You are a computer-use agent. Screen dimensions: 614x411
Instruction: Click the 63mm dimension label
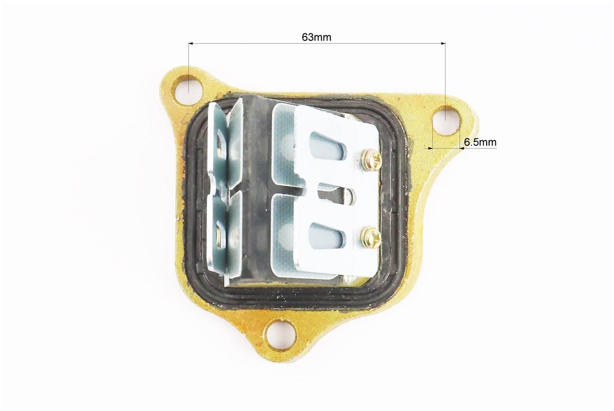click(x=317, y=37)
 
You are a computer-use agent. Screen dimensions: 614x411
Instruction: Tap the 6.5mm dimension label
click(x=480, y=142)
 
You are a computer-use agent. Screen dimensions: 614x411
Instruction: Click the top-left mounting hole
click(x=189, y=89)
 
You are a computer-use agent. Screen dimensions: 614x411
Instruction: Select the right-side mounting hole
click(x=445, y=120)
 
